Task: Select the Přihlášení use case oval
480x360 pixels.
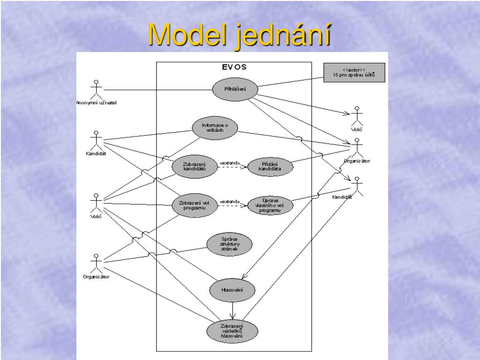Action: (x=235, y=90)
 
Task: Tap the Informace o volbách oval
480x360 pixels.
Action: (x=215, y=127)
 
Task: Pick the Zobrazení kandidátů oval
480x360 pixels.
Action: (x=194, y=166)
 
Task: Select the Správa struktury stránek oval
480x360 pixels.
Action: (x=229, y=244)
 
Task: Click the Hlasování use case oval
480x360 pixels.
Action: (x=232, y=290)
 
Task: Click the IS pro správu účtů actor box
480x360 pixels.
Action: (x=354, y=73)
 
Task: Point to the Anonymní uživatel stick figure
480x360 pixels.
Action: (x=96, y=90)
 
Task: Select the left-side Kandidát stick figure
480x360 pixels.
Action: (x=96, y=140)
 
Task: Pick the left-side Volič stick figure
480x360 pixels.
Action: (x=96, y=202)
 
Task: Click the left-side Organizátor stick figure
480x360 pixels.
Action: (x=96, y=263)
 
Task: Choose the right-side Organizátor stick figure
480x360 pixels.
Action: (x=357, y=147)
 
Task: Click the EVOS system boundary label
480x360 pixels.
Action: (x=234, y=67)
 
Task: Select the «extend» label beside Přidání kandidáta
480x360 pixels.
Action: (x=230, y=163)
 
